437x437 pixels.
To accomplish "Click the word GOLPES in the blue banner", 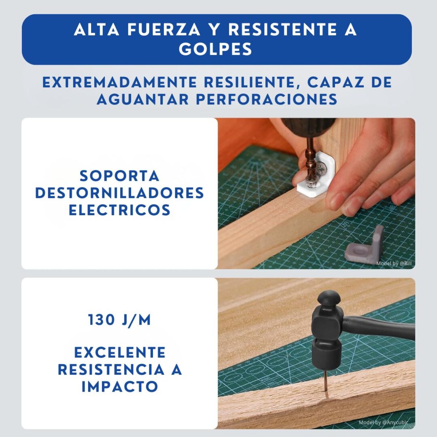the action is (215, 49).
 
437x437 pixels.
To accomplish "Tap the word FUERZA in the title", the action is (164, 30).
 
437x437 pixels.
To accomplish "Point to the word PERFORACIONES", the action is (267, 99).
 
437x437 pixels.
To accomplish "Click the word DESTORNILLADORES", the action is (120, 193).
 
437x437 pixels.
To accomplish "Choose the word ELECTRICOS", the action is (119, 210).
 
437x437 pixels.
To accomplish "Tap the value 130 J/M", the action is (119, 320).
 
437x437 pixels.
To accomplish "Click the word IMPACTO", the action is (119, 386).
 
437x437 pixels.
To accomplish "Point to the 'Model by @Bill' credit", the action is (394, 263).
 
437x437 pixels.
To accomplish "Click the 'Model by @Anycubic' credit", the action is (383, 422).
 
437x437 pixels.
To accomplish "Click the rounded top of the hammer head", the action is (329, 298).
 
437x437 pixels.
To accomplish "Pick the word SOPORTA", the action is (119, 176).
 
